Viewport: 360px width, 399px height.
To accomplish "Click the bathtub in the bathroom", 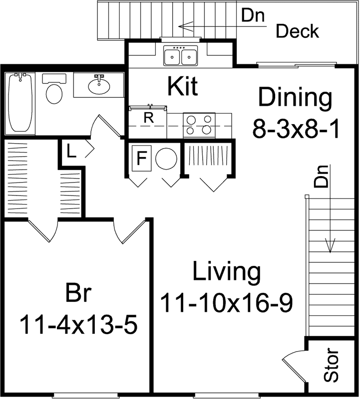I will point(20,103).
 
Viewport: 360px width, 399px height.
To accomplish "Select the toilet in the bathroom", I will point(54,91).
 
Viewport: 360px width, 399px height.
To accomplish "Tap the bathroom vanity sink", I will point(99,86).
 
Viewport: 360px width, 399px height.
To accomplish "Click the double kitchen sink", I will point(180,56).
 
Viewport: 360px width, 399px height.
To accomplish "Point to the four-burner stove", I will point(199,125).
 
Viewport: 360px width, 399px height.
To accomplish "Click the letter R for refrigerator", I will point(148,119).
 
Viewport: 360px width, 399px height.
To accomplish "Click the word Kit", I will point(182,86).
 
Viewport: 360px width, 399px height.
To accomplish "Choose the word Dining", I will point(295,97).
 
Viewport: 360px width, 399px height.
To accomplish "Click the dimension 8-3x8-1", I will point(296,130).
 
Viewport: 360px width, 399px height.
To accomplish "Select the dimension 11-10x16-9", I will point(226,302).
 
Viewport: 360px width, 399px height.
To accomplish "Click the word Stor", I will point(332,366).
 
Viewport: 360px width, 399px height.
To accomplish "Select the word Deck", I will point(298,31).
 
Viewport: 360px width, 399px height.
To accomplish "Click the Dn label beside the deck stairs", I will point(254,15).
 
